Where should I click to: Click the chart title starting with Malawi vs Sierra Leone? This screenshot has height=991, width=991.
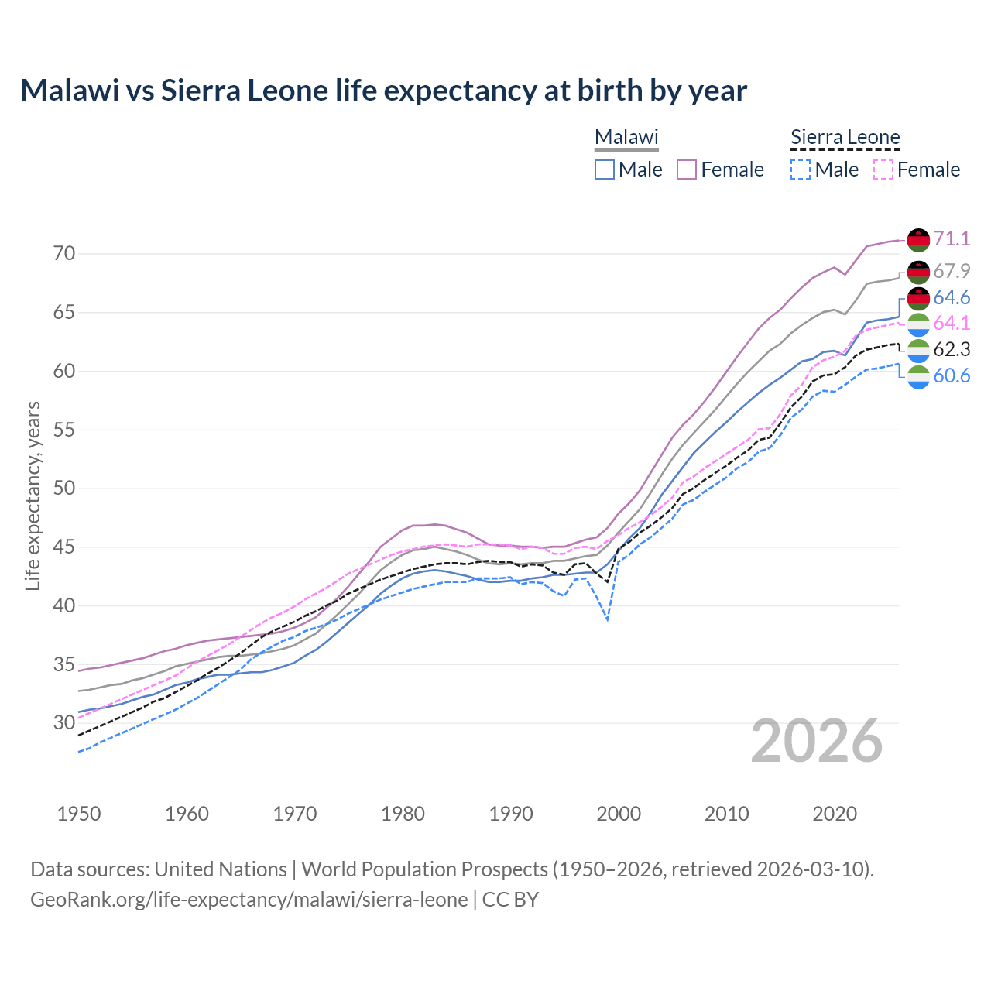[x=383, y=91]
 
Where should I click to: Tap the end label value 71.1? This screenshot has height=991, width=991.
[x=952, y=238]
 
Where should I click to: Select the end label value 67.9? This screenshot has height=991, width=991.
[x=952, y=271]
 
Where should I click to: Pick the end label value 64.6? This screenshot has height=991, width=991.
[x=952, y=298]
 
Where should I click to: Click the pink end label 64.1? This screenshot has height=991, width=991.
[x=952, y=323]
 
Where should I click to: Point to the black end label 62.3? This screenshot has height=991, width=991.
[x=952, y=349]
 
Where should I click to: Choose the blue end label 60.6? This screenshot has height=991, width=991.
[x=952, y=376]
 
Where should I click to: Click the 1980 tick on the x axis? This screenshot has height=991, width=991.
[x=403, y=814]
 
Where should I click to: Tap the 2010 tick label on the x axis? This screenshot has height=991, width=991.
[x=726, y=814]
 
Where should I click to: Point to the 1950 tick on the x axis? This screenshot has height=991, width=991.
[x=79, y=814]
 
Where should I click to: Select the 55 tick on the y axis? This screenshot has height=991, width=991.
[x=64, y=430]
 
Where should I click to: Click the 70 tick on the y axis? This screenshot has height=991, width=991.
[x=64, y=254]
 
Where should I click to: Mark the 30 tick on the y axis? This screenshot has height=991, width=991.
[x=64, y=723]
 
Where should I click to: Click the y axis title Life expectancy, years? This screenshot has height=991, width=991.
[x=33, y=495]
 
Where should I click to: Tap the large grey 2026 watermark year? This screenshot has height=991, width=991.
[x=817, y=741]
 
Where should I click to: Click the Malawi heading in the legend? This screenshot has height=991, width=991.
[x=626, y=138]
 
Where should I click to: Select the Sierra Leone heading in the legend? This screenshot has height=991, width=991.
[x=845, y=138]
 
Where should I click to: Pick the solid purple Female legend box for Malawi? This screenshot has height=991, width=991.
[x=687, y=170]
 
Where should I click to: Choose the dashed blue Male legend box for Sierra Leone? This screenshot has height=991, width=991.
[x=801, y=170]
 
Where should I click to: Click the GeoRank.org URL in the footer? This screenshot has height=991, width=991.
[x=249, y=900]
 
